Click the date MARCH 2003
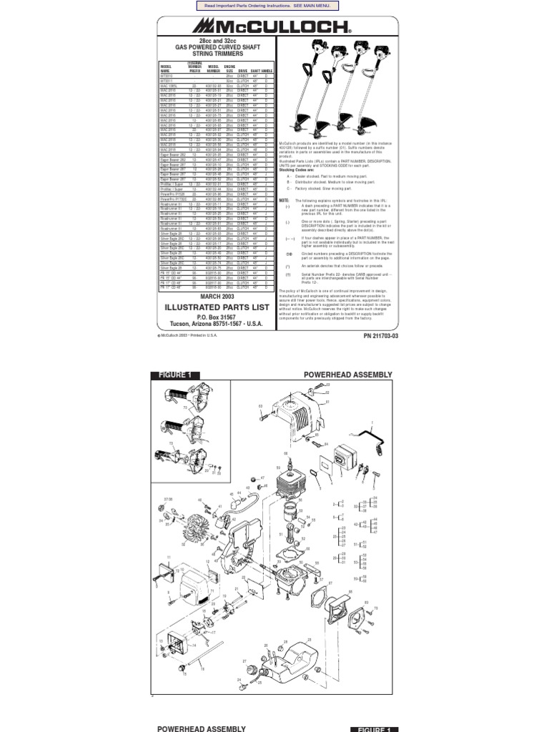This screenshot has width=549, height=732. point(217,296)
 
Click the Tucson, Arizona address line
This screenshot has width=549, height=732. point(217,324)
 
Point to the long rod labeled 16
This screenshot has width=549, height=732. point(207,656)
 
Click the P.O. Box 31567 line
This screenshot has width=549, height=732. point(217,316)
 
